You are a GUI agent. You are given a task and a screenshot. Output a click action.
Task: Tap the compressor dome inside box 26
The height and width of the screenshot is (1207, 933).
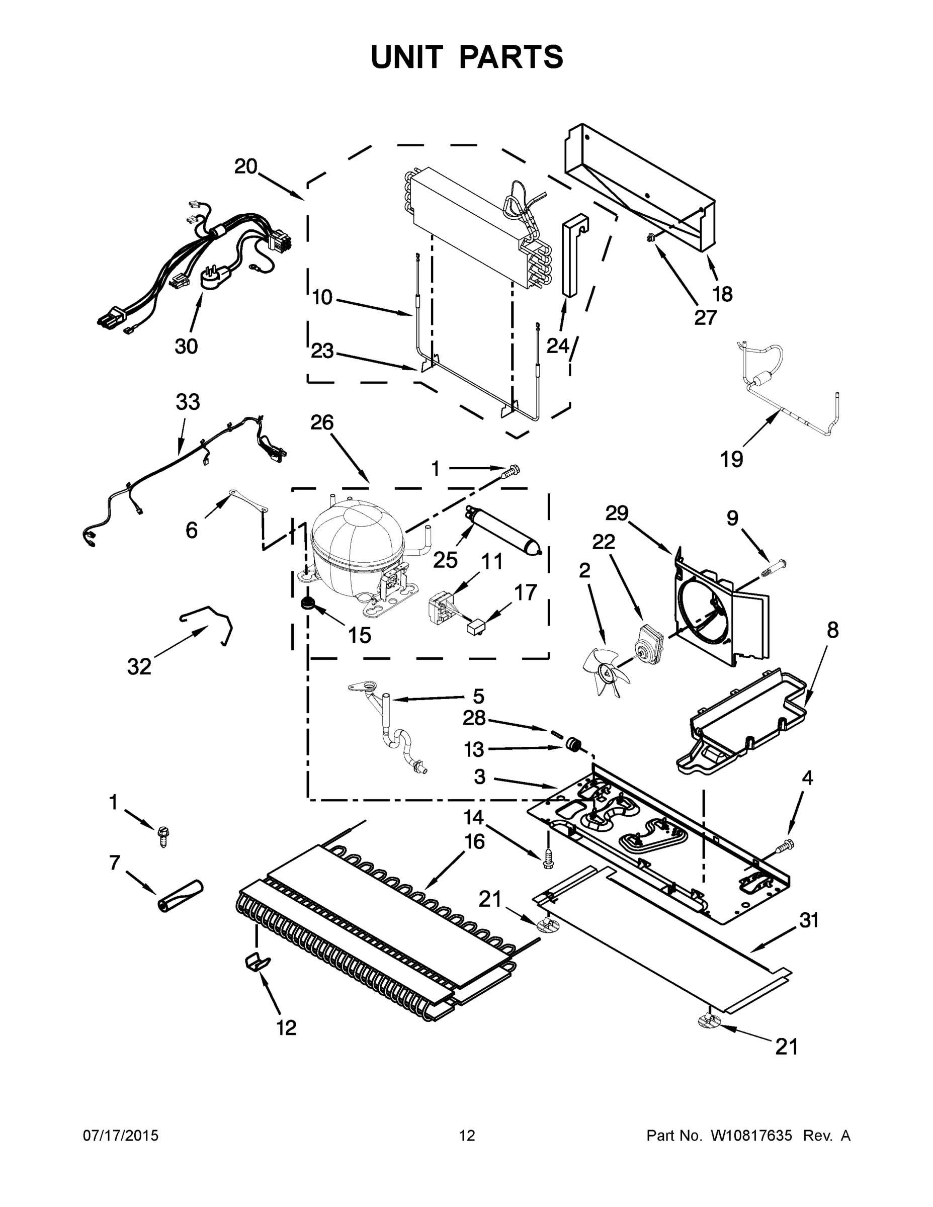pyautogui.click(x=357, y=542)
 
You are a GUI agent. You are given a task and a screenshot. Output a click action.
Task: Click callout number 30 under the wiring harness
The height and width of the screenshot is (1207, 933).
pyautogui.click(x=186, y=347)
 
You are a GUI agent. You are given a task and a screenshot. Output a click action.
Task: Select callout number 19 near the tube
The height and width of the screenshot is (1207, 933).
pyautogui.click(x=731, y=459)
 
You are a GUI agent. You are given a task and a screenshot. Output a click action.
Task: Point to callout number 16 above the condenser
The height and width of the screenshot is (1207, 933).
pyautogui.click(x=474, y=841)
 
